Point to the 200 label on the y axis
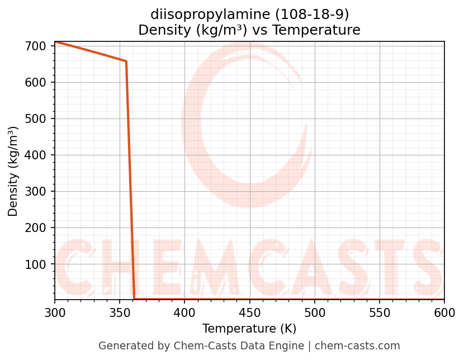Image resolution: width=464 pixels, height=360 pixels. [36, 228]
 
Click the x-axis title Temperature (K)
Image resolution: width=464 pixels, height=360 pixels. [249, 329]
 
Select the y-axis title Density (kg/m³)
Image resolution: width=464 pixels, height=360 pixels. [13, 172]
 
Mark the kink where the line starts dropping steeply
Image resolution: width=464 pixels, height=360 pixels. [126, 61]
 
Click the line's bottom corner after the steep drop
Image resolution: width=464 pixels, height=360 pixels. [134, 299]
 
